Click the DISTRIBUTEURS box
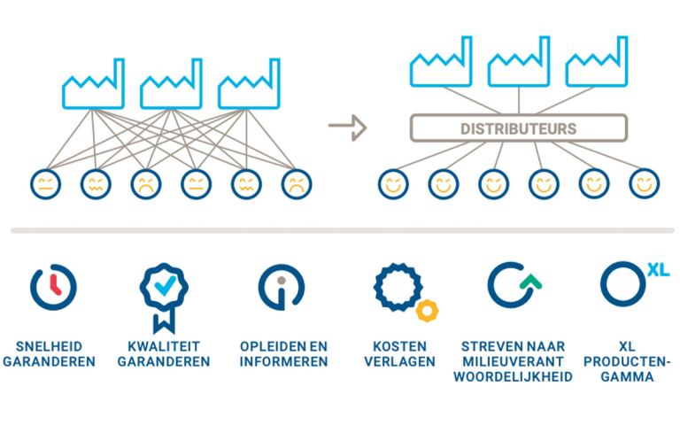click(519, 127)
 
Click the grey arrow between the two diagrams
click(347, 127)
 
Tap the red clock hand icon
click(55, 284)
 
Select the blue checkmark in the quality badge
click(165, 286)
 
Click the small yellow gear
click(427, 311)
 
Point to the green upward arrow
click(531, 282)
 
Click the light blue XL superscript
click(659, 270)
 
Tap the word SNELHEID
click(49, 346)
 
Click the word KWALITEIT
click(164, 346)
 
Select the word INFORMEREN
click(283, 361)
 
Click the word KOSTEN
click(399, 346)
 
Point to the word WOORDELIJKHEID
click(513, 376)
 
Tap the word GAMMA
click(627, 376)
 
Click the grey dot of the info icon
click(282, 280)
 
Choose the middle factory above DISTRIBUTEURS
click(519, 62)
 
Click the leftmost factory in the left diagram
click(93, 84)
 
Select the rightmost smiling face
click(645, 184)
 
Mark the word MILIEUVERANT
click(513, 361)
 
